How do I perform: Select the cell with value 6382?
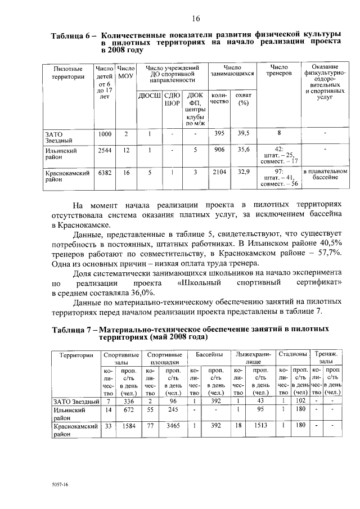(x=105, y=173)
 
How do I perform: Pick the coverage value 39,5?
(x=244, y=133)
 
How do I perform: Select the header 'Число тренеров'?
(x=280, y=70)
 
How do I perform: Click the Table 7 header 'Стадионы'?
(x=292, y=355)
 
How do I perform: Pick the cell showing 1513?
(x=260, y=427)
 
